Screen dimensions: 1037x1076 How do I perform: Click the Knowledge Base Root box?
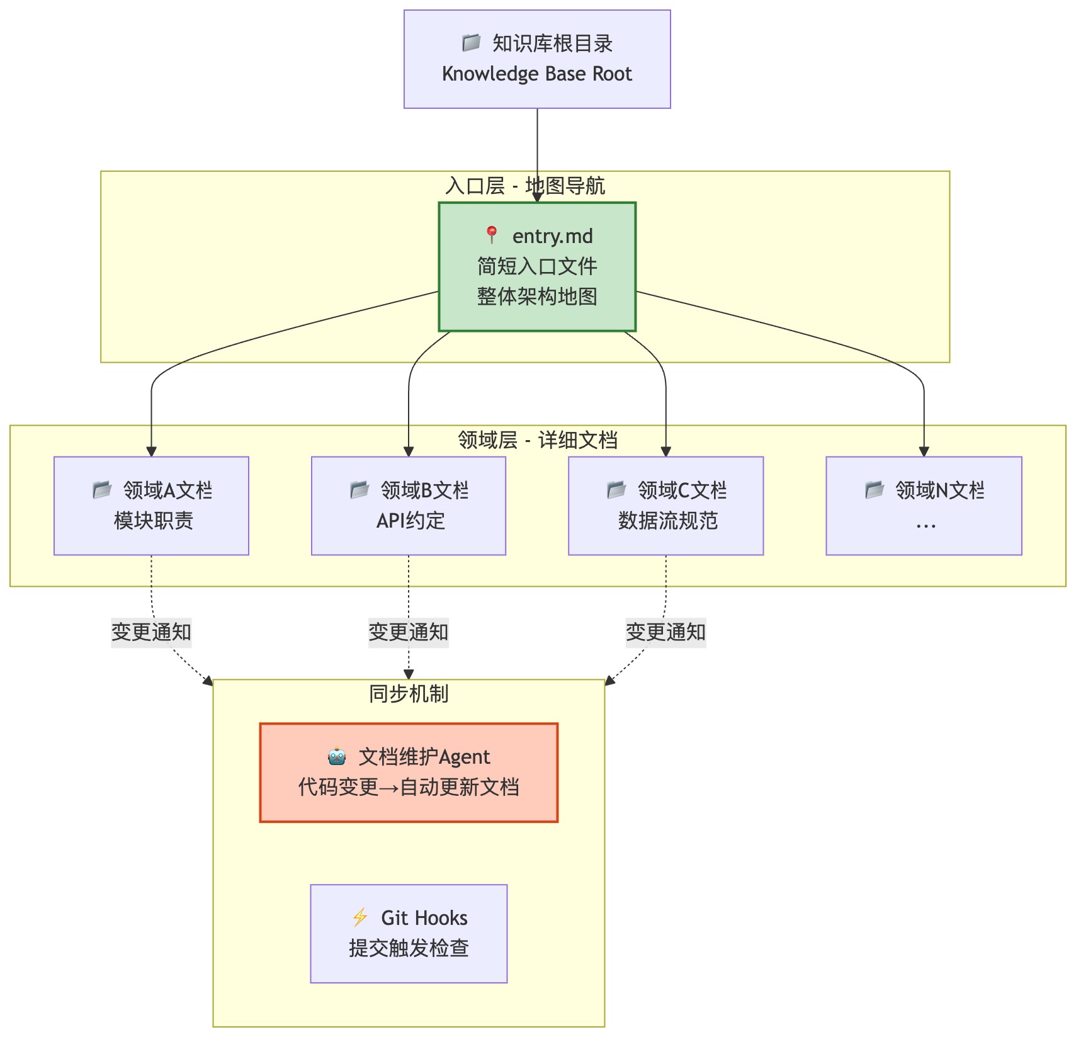tap(537, 59)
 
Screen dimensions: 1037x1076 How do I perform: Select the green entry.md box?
tap(537, 266)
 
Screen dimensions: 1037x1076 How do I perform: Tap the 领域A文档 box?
tap(151, 506)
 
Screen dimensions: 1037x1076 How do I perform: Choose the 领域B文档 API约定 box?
tap(409, 506)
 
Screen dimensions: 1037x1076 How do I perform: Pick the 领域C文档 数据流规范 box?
tap(665, 506)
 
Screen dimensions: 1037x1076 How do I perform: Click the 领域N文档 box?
tap(924, 506)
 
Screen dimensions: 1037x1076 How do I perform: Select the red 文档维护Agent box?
tap(409, 773)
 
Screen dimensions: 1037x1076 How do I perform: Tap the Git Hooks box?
tap(409, 933)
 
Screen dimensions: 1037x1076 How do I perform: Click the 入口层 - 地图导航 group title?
tap(525, 186)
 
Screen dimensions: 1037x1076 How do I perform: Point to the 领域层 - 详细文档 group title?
tap(538, 440)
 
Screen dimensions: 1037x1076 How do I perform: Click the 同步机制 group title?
tap(409, 694)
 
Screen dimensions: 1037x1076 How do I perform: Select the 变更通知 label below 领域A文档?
tap(151, 632)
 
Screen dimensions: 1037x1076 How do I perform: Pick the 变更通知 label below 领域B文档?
tap(409, 632)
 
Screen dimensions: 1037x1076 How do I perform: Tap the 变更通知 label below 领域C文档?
tap(665, 632)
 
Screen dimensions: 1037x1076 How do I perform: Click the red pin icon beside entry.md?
tap(492, 235)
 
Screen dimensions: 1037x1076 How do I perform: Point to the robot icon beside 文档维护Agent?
tap(337, 756)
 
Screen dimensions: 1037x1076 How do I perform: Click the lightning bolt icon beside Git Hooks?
tap(360, 917)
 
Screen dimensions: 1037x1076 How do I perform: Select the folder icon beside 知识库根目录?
tap(472, 43)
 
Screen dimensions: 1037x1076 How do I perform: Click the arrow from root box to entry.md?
tap(537, 151)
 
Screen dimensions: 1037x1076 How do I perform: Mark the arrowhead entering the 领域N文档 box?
tap(924, 451)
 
